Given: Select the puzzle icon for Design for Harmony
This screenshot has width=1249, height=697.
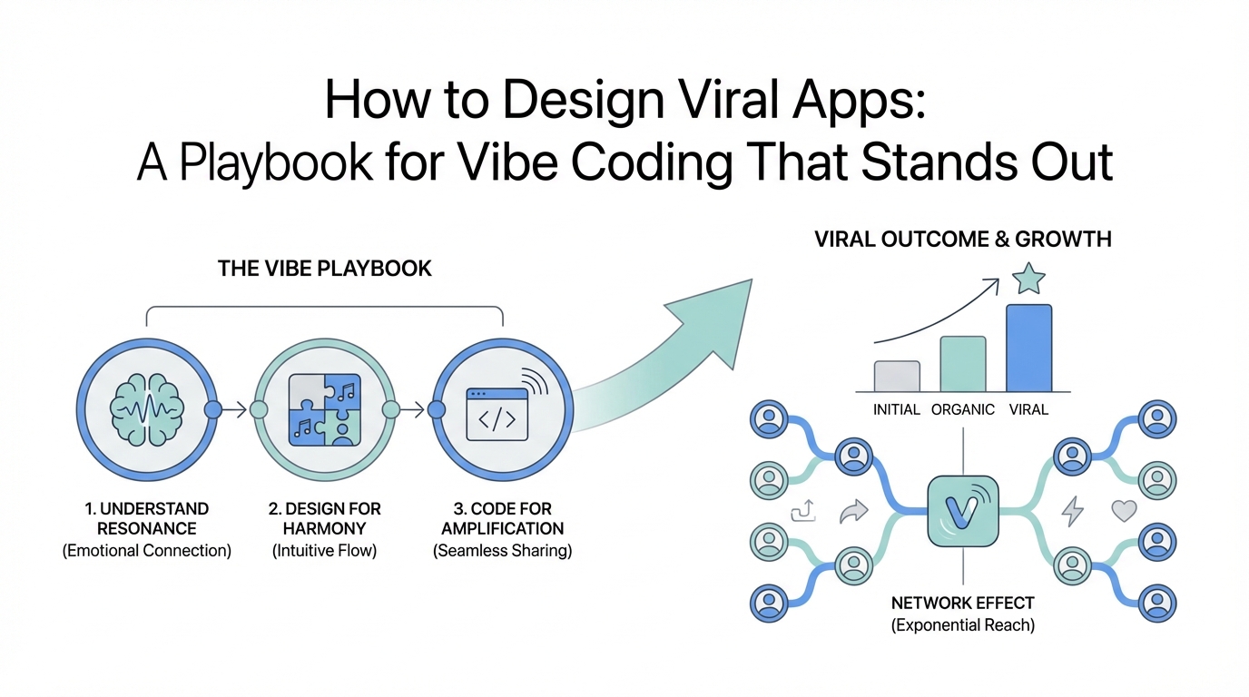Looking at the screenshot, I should [324, 410].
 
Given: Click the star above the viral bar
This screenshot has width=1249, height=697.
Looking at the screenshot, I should [1028, 279].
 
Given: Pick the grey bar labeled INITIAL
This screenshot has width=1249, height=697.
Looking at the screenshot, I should [897, 376].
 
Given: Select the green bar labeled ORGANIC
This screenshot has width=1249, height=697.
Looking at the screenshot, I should [962, 363].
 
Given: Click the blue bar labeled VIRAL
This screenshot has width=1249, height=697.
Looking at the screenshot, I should [1028, 348].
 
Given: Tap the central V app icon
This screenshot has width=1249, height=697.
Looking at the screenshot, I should [962, 512].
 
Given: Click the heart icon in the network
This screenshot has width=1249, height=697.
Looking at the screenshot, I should [1124, 511].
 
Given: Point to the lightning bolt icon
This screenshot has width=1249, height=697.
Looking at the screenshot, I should [1073, 512].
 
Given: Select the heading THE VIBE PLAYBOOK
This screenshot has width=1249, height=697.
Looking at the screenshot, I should [325, 269].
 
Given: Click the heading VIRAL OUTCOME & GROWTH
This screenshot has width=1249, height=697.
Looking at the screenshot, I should [963, 240].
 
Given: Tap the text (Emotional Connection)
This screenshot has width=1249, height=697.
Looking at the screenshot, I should [146, 551].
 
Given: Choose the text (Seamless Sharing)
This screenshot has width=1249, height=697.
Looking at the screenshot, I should [502, 551].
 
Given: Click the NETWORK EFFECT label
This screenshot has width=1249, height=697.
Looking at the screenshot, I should [962, 604].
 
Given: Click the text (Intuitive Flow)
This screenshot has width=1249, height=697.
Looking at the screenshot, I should [324, 551].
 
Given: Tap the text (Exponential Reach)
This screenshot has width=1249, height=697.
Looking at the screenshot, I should [962, 625].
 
